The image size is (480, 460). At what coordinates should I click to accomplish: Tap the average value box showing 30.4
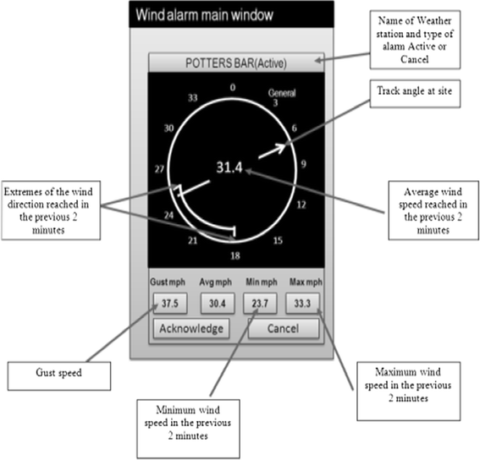(x=216, y=303)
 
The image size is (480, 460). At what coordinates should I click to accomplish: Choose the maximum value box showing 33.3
(x=303, y=303)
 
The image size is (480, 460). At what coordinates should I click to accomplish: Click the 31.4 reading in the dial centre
(x=227, y=168)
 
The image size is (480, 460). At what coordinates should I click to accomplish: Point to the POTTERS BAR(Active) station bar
(x=234, y=62)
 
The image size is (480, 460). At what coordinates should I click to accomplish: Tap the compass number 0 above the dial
(x=233, y=86)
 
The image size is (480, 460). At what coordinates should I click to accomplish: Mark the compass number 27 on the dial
(x=157, y=169)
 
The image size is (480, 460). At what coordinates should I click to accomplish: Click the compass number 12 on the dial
(x=302, y=205)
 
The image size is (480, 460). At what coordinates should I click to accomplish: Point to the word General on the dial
(x=283, y=91)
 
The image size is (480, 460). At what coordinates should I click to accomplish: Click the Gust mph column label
(x=168, y=282)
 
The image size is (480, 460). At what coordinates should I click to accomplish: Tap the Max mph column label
(x=303, y=282)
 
